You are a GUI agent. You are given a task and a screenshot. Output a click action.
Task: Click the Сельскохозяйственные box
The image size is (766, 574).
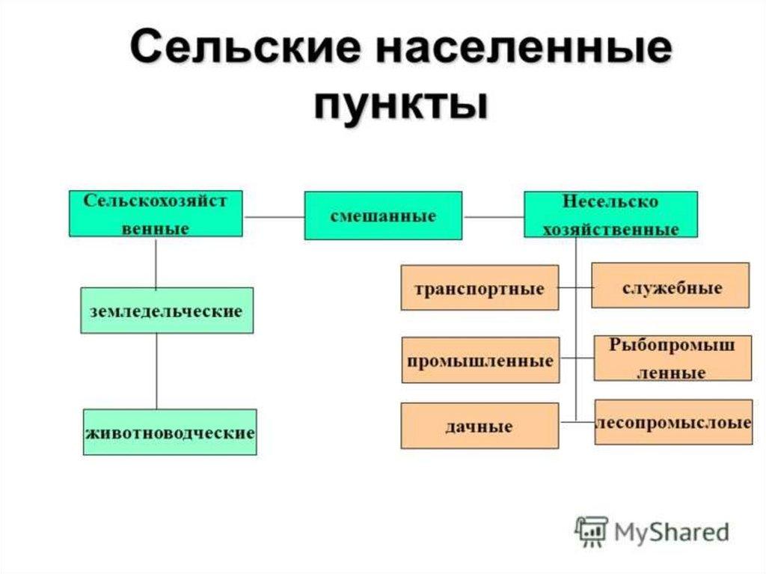[x=156, y=214]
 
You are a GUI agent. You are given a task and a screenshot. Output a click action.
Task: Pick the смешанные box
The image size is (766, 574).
[x=383, y=216]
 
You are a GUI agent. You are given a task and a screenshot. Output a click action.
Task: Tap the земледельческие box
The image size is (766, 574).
[x=167, y=310]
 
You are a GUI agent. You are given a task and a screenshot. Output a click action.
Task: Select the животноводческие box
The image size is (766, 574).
[x=170, y=432]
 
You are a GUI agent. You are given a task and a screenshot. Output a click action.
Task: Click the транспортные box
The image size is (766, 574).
[x=479, y=287]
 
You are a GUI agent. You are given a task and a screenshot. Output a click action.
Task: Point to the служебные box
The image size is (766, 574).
[x=670, y=285]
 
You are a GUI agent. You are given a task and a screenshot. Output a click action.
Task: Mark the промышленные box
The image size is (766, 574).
[x=480, y=360]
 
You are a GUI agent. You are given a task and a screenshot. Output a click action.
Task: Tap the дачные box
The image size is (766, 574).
[x=479, y=426]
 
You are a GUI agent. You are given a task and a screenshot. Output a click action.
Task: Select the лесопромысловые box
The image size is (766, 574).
[x=673, y=422]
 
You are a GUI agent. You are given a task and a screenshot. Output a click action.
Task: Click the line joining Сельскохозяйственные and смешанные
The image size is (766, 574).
[x=274, y=217]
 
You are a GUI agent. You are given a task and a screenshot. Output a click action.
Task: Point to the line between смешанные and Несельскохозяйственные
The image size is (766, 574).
[x=493, y=217]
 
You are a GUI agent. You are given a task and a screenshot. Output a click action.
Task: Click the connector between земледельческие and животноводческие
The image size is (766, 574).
[x=156, y=370]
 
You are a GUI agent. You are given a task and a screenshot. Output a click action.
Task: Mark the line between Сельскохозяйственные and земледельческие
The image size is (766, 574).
[x=156, y=262]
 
